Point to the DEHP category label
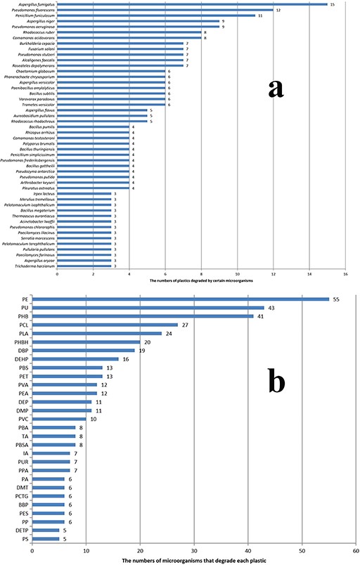tap(20, 359)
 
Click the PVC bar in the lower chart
tap(59, 420)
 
